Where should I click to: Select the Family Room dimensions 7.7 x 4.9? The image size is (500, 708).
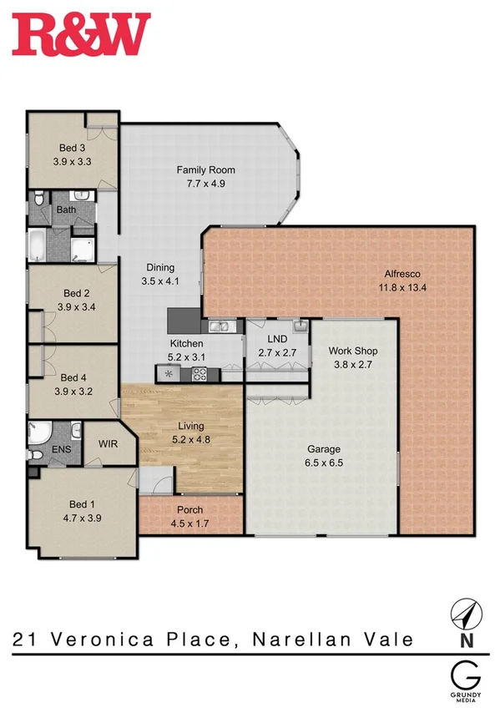click(201, 184)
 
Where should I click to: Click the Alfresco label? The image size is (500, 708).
click(401, 274)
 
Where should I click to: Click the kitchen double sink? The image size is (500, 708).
click(220, 326)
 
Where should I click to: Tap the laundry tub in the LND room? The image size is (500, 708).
click(299, 326)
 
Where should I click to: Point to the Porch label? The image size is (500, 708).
click(190, 510)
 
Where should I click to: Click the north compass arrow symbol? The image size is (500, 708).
click(465, 613)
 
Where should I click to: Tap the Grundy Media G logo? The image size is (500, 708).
click(465, 674)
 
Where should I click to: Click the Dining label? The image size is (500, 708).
click(160, 267)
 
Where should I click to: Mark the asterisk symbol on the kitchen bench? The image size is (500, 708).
click(170, 374)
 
